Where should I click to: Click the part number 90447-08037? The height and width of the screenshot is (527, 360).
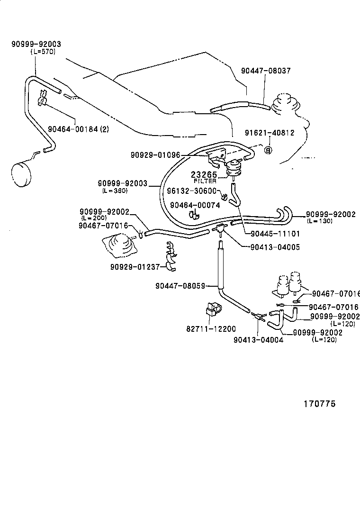coord(265,71)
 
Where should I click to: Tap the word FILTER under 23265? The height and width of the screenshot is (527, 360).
coord(205,181)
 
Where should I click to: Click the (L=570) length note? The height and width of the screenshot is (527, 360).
coord(42,52)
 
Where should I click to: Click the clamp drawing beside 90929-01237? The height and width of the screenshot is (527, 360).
coord(171,258)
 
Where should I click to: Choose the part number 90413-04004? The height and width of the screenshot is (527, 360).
coord(258,339)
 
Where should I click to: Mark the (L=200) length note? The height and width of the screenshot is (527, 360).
coord(94,218)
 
